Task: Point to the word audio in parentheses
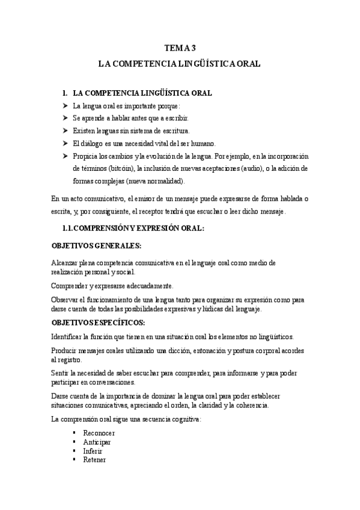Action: pyautogui.click(x=260, y=169)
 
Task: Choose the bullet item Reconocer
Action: pyautogui.click(x=99, y=433)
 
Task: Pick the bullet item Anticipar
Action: pyautogui.click(x=97, y=442)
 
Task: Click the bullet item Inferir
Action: pyautogui.click(x=94, y=451)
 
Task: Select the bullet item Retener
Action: pyautogui.click(x=95, y=460)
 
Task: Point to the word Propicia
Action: pyautogui.click(x=85, y=156)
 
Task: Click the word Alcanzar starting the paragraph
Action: pyautogui.click(x=66, y=263)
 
